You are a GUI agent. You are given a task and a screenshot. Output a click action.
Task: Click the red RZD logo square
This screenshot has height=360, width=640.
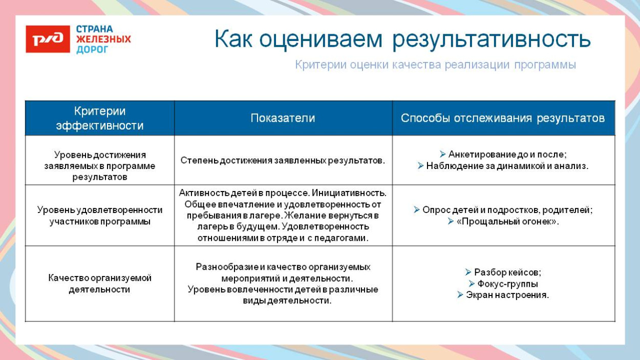pos(48,39)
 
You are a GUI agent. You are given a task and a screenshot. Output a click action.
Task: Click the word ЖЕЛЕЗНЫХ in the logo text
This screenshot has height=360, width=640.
pos(103,39)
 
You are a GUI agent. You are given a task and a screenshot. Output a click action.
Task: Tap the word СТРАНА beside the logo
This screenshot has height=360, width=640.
pos(95,29)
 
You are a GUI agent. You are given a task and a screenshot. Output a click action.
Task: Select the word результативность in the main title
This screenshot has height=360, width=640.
pos(492,39)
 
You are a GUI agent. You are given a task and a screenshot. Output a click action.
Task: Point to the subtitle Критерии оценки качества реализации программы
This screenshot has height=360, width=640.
pos(435,65)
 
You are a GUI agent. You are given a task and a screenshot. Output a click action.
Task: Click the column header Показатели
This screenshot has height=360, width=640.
pos(283,118)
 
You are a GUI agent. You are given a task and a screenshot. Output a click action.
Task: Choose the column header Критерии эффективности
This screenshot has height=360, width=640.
pos(100,118)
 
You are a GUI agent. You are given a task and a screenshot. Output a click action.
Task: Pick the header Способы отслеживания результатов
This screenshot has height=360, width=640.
pos(503,118)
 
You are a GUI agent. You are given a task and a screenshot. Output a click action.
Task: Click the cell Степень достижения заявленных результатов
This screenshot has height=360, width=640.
pos(283,160)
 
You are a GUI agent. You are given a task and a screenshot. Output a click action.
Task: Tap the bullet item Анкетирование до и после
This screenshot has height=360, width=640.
pos(507,154)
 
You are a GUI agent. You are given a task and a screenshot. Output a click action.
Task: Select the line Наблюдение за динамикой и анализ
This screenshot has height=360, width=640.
pos(507,166)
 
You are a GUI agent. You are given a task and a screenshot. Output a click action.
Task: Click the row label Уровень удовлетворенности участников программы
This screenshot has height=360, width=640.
pos(100,216)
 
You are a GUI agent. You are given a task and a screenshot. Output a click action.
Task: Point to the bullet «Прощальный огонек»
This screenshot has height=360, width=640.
pos(507,222)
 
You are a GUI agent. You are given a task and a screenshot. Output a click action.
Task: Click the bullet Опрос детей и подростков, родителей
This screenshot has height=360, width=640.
pos(507,210)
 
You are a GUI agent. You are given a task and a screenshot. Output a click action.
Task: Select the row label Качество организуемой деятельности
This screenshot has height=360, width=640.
pos(100,284)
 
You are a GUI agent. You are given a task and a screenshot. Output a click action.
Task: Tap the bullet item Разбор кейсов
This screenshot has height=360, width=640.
pos(507,272)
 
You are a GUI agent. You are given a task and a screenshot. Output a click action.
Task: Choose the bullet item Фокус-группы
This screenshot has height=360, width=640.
pos(507,284)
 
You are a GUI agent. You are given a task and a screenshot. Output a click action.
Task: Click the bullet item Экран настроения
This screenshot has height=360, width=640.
pos(507,295)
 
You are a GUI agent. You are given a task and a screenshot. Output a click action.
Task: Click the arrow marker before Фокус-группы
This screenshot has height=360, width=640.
pos(472,284)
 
